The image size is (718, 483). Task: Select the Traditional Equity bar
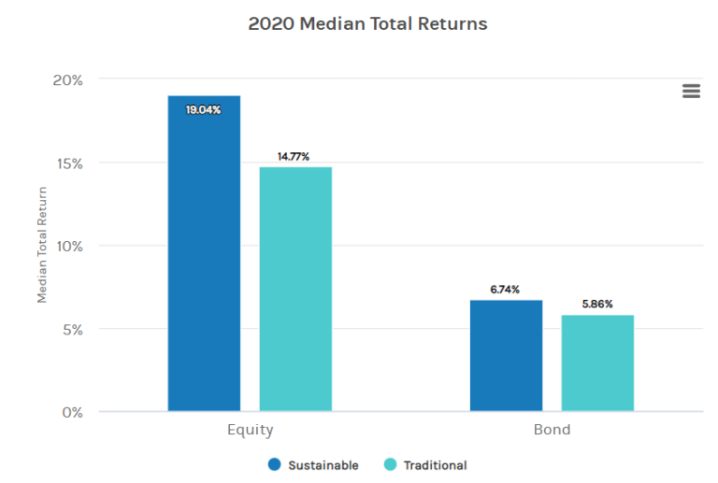295,289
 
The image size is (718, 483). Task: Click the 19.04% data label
204,110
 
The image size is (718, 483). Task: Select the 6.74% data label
505,290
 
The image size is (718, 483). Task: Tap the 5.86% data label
596,305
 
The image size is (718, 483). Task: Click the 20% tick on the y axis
66,80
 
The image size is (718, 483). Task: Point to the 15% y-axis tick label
67,163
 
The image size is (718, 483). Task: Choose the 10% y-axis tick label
67,247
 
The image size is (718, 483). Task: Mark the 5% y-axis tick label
71,330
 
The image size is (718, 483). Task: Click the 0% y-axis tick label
71,412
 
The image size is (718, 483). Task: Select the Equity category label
250,431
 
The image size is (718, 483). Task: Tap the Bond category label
552,431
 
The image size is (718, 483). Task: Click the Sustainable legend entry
314,465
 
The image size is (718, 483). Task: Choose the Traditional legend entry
426,465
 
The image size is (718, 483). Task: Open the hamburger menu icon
691,91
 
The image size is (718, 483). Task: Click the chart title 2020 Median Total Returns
367,23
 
